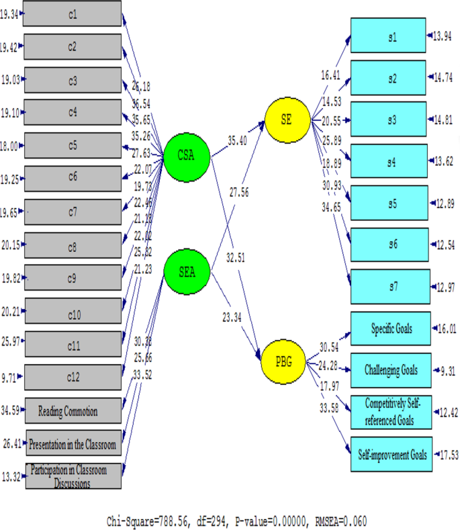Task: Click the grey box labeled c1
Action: [x=73, y=13]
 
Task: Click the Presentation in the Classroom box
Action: [x=75, y=443]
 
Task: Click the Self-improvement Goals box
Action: [x=391, y=455]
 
